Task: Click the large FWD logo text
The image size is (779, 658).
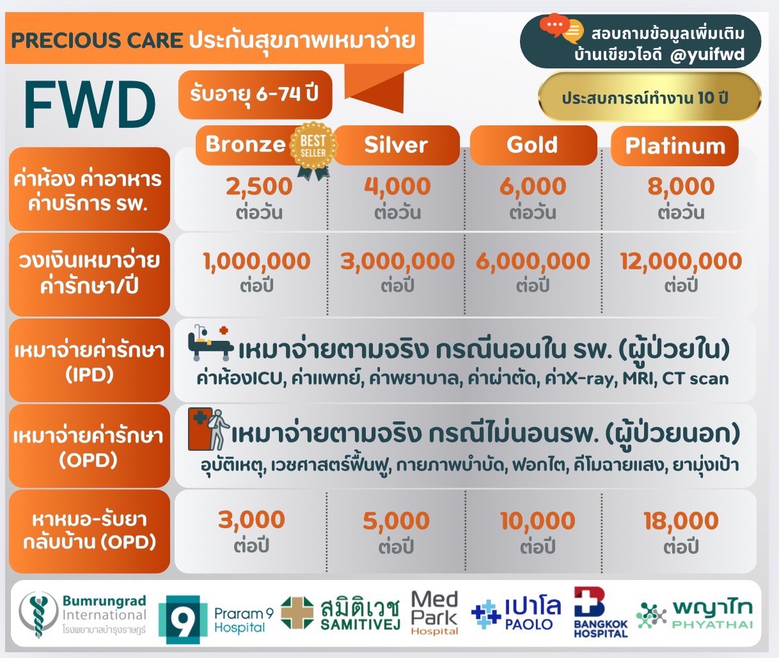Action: pos(90,105)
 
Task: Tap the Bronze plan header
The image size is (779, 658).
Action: pos(246,145)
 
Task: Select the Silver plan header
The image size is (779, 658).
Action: pos(396,145)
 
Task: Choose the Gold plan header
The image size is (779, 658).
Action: pos(532,145)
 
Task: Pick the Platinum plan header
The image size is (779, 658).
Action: pos(675,146)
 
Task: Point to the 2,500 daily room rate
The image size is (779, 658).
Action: pos(259,187)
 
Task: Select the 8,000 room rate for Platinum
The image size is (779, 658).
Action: pos(681,187)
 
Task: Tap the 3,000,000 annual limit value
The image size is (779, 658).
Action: pos(397,262)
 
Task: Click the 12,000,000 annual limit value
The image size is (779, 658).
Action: pos(681,262)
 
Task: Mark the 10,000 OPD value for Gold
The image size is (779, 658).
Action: pos(537,521)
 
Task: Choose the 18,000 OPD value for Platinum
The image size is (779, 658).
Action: pos(681,521)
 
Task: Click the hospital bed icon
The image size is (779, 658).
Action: pos(210,345)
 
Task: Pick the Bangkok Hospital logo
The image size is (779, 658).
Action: pos(600,613)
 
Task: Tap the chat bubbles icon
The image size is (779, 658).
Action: pos(562,29)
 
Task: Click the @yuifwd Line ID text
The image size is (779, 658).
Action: pos(707,55)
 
